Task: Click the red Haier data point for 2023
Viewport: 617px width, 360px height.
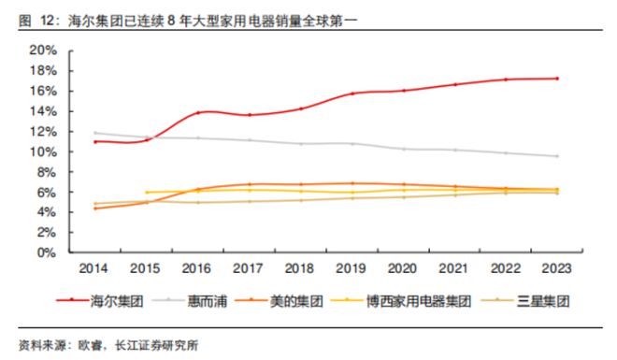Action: tap(557, 79)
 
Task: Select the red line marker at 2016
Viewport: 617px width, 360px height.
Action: tap(198, 113)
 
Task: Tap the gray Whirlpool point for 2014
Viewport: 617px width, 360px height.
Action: tap(95, 133)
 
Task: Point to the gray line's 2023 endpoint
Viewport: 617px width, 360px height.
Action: tap(557, 156)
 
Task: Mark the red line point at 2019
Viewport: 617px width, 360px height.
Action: tap(352, 94)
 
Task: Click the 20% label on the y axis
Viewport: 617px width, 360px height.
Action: tap(43, 50)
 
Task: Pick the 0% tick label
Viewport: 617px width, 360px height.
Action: tap(47, 252)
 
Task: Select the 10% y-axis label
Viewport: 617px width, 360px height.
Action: tap(43, 151)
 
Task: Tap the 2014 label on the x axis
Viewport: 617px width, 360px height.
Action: tap(93, 268)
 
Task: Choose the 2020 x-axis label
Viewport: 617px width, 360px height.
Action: tap(402, 268)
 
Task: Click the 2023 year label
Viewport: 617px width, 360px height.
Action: tap(556, 268)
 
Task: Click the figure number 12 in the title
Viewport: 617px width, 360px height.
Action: tap(48, 21)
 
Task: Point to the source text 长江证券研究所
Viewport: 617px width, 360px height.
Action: tap(157, 346)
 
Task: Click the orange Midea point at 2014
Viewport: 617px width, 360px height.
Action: tap(95, 209)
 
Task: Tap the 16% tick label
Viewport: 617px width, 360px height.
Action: tap(43, 91)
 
